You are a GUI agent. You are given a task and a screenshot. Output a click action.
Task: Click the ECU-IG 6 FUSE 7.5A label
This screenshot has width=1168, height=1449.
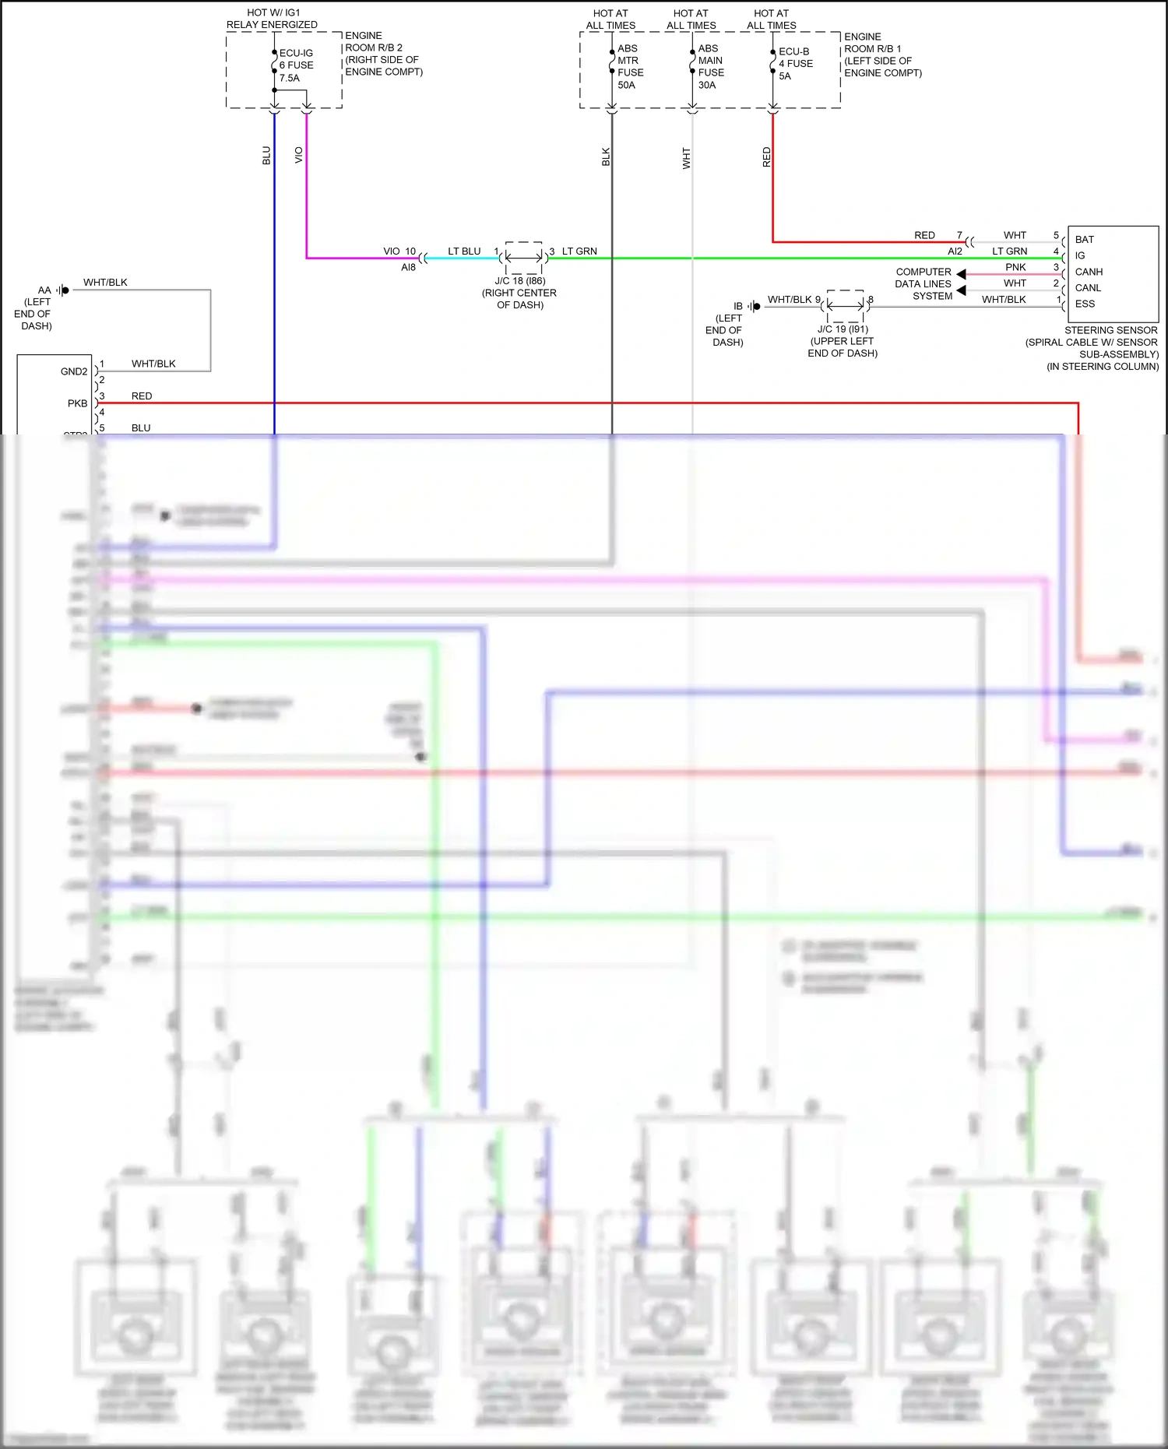296,65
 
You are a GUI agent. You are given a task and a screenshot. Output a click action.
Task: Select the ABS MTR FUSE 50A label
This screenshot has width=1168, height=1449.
630,67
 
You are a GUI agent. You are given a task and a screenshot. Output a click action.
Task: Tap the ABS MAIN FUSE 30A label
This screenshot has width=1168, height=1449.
710,67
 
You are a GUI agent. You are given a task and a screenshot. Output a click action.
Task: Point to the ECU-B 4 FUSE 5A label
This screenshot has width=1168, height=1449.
795,64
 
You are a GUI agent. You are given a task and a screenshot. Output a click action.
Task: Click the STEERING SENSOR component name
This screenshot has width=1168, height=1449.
1110,330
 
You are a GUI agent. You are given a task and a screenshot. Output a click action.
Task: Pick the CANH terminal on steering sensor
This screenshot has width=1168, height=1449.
1089,272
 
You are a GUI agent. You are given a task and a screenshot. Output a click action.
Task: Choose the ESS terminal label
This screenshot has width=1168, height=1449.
1085,304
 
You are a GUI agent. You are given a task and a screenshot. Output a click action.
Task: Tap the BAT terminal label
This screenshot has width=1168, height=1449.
1084,239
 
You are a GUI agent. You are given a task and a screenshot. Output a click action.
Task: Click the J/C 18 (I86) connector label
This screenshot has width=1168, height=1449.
520,281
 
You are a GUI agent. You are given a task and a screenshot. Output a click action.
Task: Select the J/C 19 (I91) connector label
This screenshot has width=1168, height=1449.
843,329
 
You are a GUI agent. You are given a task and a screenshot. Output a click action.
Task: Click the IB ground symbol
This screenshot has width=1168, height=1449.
754,306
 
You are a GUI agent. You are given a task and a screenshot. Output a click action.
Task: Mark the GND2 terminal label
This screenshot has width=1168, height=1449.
74,371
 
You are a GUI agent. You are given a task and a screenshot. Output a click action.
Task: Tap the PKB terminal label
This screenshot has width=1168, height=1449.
77,403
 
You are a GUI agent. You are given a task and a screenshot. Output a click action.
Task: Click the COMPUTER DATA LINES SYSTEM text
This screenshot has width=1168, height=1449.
923,283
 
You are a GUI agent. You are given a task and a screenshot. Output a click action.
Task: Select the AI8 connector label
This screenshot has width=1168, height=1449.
408,267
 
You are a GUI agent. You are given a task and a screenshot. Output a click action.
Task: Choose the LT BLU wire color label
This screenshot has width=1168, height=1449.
464,251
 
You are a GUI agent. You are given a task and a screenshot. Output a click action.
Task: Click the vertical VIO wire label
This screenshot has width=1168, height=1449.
299,155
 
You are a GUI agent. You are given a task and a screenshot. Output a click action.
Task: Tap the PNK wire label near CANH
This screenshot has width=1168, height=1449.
1015,267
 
